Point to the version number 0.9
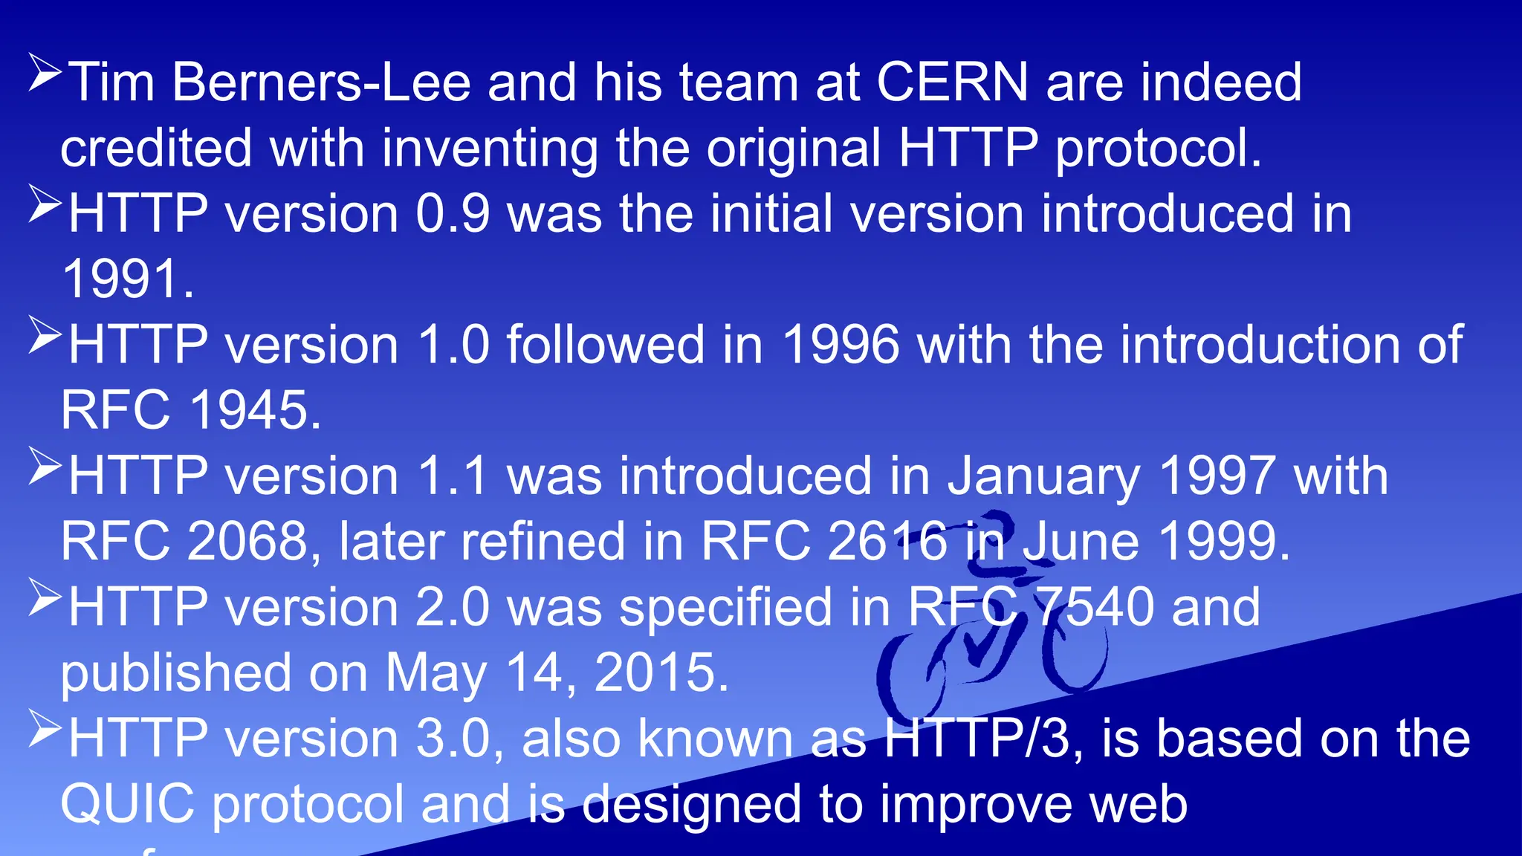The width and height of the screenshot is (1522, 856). pyautogui.click(x=453, y=214)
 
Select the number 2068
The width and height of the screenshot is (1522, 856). pyautogui.click(x=247, y=541)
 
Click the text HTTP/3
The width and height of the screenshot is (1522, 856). pyautogui.click(x=977, y=739)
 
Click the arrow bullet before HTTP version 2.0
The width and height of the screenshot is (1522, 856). pyautogui.click(x=44, y=597)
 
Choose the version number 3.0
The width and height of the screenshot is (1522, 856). pyautogui.click(x=453, y=739)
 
